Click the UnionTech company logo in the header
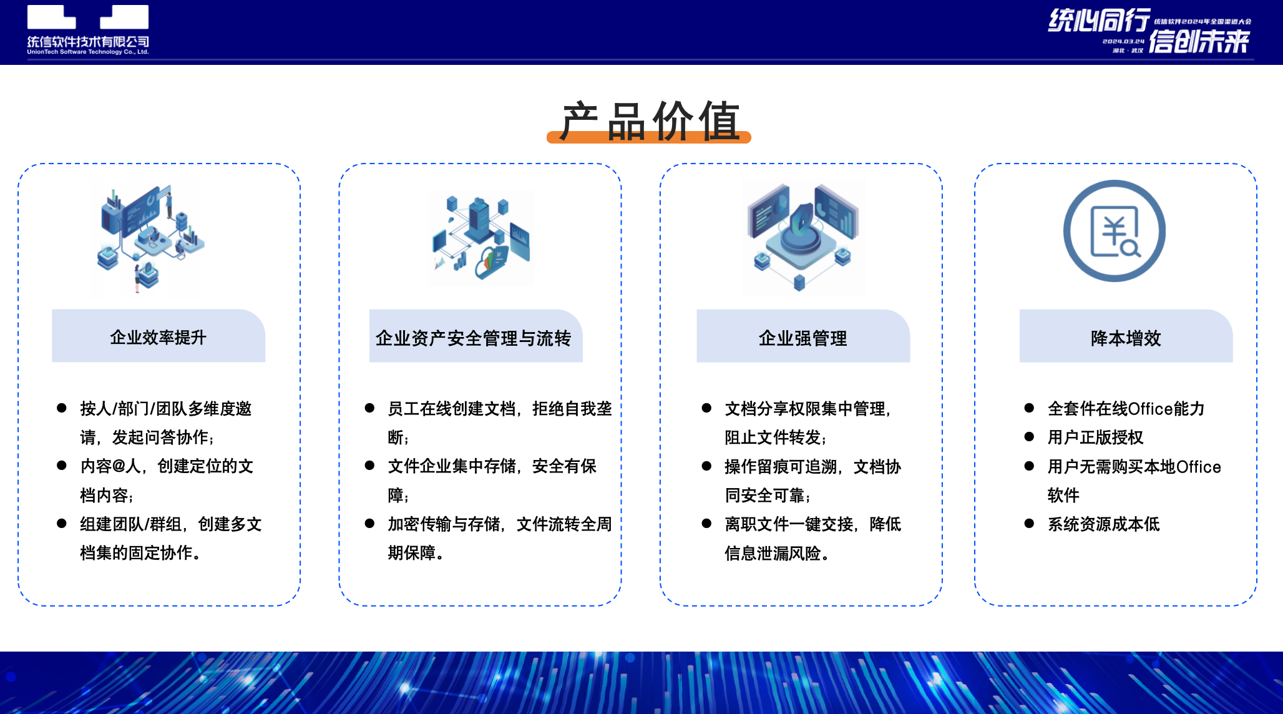coord(88,30)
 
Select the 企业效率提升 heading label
coord(159,337)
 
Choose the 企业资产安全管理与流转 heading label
coord(474,338)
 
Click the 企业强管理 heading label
coord(803,338)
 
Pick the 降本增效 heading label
coord(1126,338)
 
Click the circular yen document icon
coord(1115,231)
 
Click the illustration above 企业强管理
coord(803,236)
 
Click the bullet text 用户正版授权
coord(1095,437)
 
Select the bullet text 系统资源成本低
coord(1103,524)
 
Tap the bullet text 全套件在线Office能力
coord(1126,408)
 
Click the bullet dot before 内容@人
coord(62,466)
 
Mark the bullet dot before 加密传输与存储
coord(369,523)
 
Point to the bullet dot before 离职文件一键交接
coord(706,523)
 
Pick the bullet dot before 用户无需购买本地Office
coord(1029,466)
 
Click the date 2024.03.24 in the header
coord(1123,41)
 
